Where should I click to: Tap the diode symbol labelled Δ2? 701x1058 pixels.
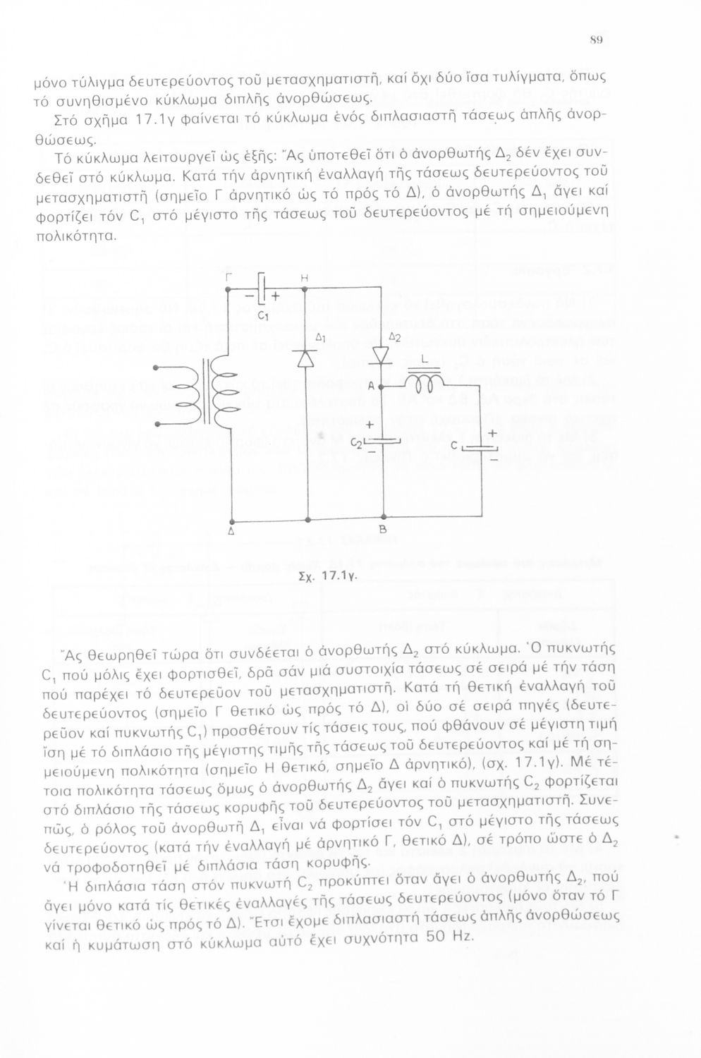(382, 357)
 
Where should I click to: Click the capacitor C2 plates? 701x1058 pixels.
(382, 442)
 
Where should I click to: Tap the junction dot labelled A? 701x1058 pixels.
(381, 387)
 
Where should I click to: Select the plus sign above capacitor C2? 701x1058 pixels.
(370, 425)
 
